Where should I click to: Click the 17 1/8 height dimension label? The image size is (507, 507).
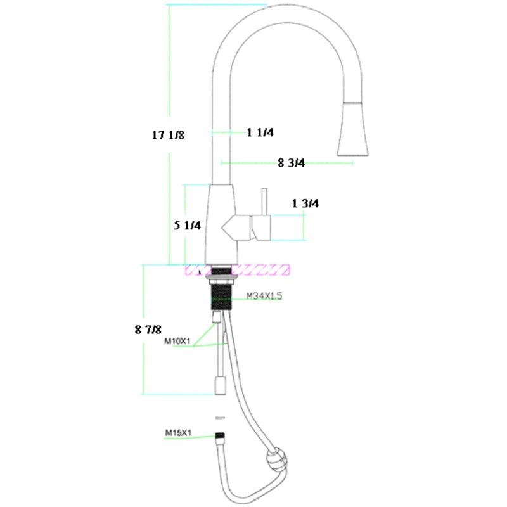click(168, 134)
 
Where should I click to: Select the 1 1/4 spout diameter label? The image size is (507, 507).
click(260, 132)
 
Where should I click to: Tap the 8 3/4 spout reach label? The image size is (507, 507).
click(292, 164)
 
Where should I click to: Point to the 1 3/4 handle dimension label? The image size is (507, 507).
click(305, 203)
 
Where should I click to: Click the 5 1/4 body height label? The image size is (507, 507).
click(188, 226)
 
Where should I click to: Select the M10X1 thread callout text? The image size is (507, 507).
click(177, 342)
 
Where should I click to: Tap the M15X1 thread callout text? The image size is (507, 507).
click(178, 433)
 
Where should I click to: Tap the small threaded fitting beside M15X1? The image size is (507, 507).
click(220, 436)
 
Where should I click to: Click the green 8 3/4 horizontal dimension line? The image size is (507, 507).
click(317, 164)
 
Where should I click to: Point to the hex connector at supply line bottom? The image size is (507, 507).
click(220, 384)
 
